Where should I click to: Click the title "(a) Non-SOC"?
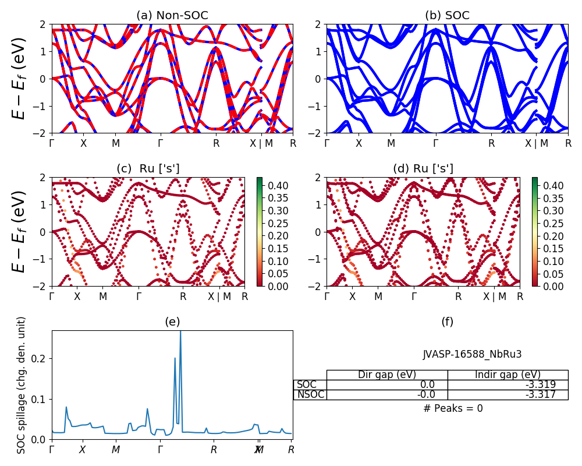click(x=172, y=16)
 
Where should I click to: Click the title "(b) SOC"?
click(x=447, y=16)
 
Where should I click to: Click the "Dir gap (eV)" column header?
click(x=387, y=375)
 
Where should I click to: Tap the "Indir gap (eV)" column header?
click(x=508, y=375)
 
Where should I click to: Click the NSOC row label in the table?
click(x=310, y=395)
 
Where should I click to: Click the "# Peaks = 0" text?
click(x=453, y=408)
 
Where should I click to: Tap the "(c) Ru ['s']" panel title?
click(x=148, y=169)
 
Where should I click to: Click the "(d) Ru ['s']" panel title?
click(x=423, y=169)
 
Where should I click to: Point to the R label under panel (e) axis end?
click(x=291, y=450)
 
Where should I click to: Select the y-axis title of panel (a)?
click(x=20, y=78)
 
